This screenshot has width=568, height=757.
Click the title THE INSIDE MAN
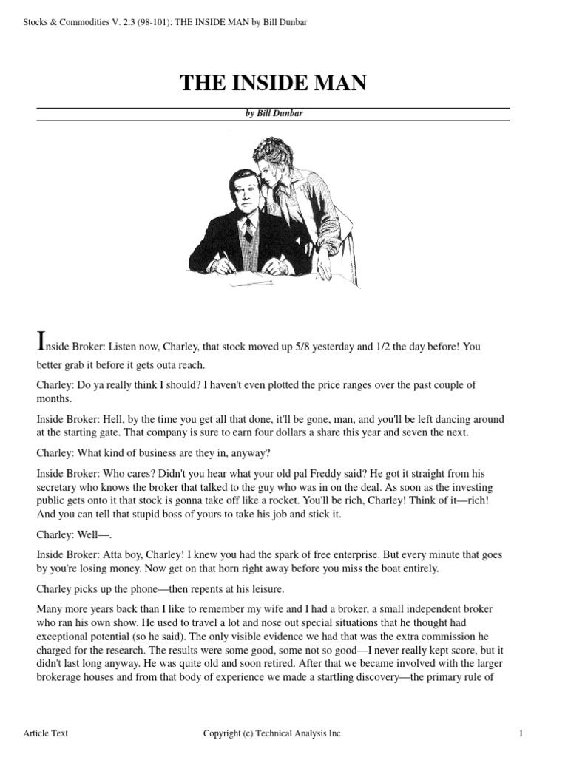pyautogui.click(x=273, y=84)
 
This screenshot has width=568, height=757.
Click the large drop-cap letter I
pyautogui.click(x=41, y=342)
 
